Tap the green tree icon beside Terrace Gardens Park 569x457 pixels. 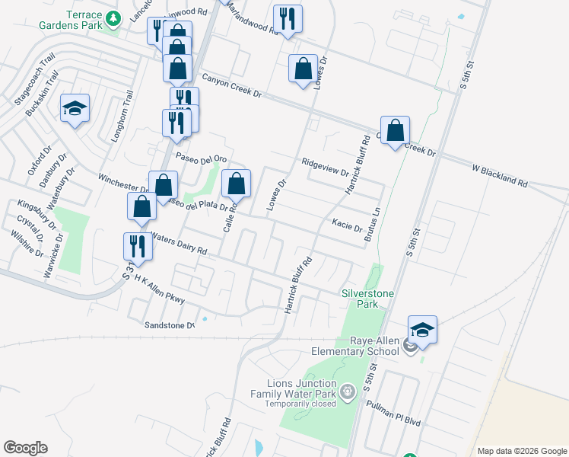click(113, 17)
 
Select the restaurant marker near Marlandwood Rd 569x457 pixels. click(288, 19)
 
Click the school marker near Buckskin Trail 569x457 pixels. click(75, 109)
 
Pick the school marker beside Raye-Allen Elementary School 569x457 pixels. click(422, 330)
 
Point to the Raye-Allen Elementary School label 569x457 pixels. click(355, 347)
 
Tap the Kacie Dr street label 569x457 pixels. click(347, 224)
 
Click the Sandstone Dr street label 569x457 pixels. click(170, 325)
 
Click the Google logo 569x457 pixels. click(25, 448)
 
